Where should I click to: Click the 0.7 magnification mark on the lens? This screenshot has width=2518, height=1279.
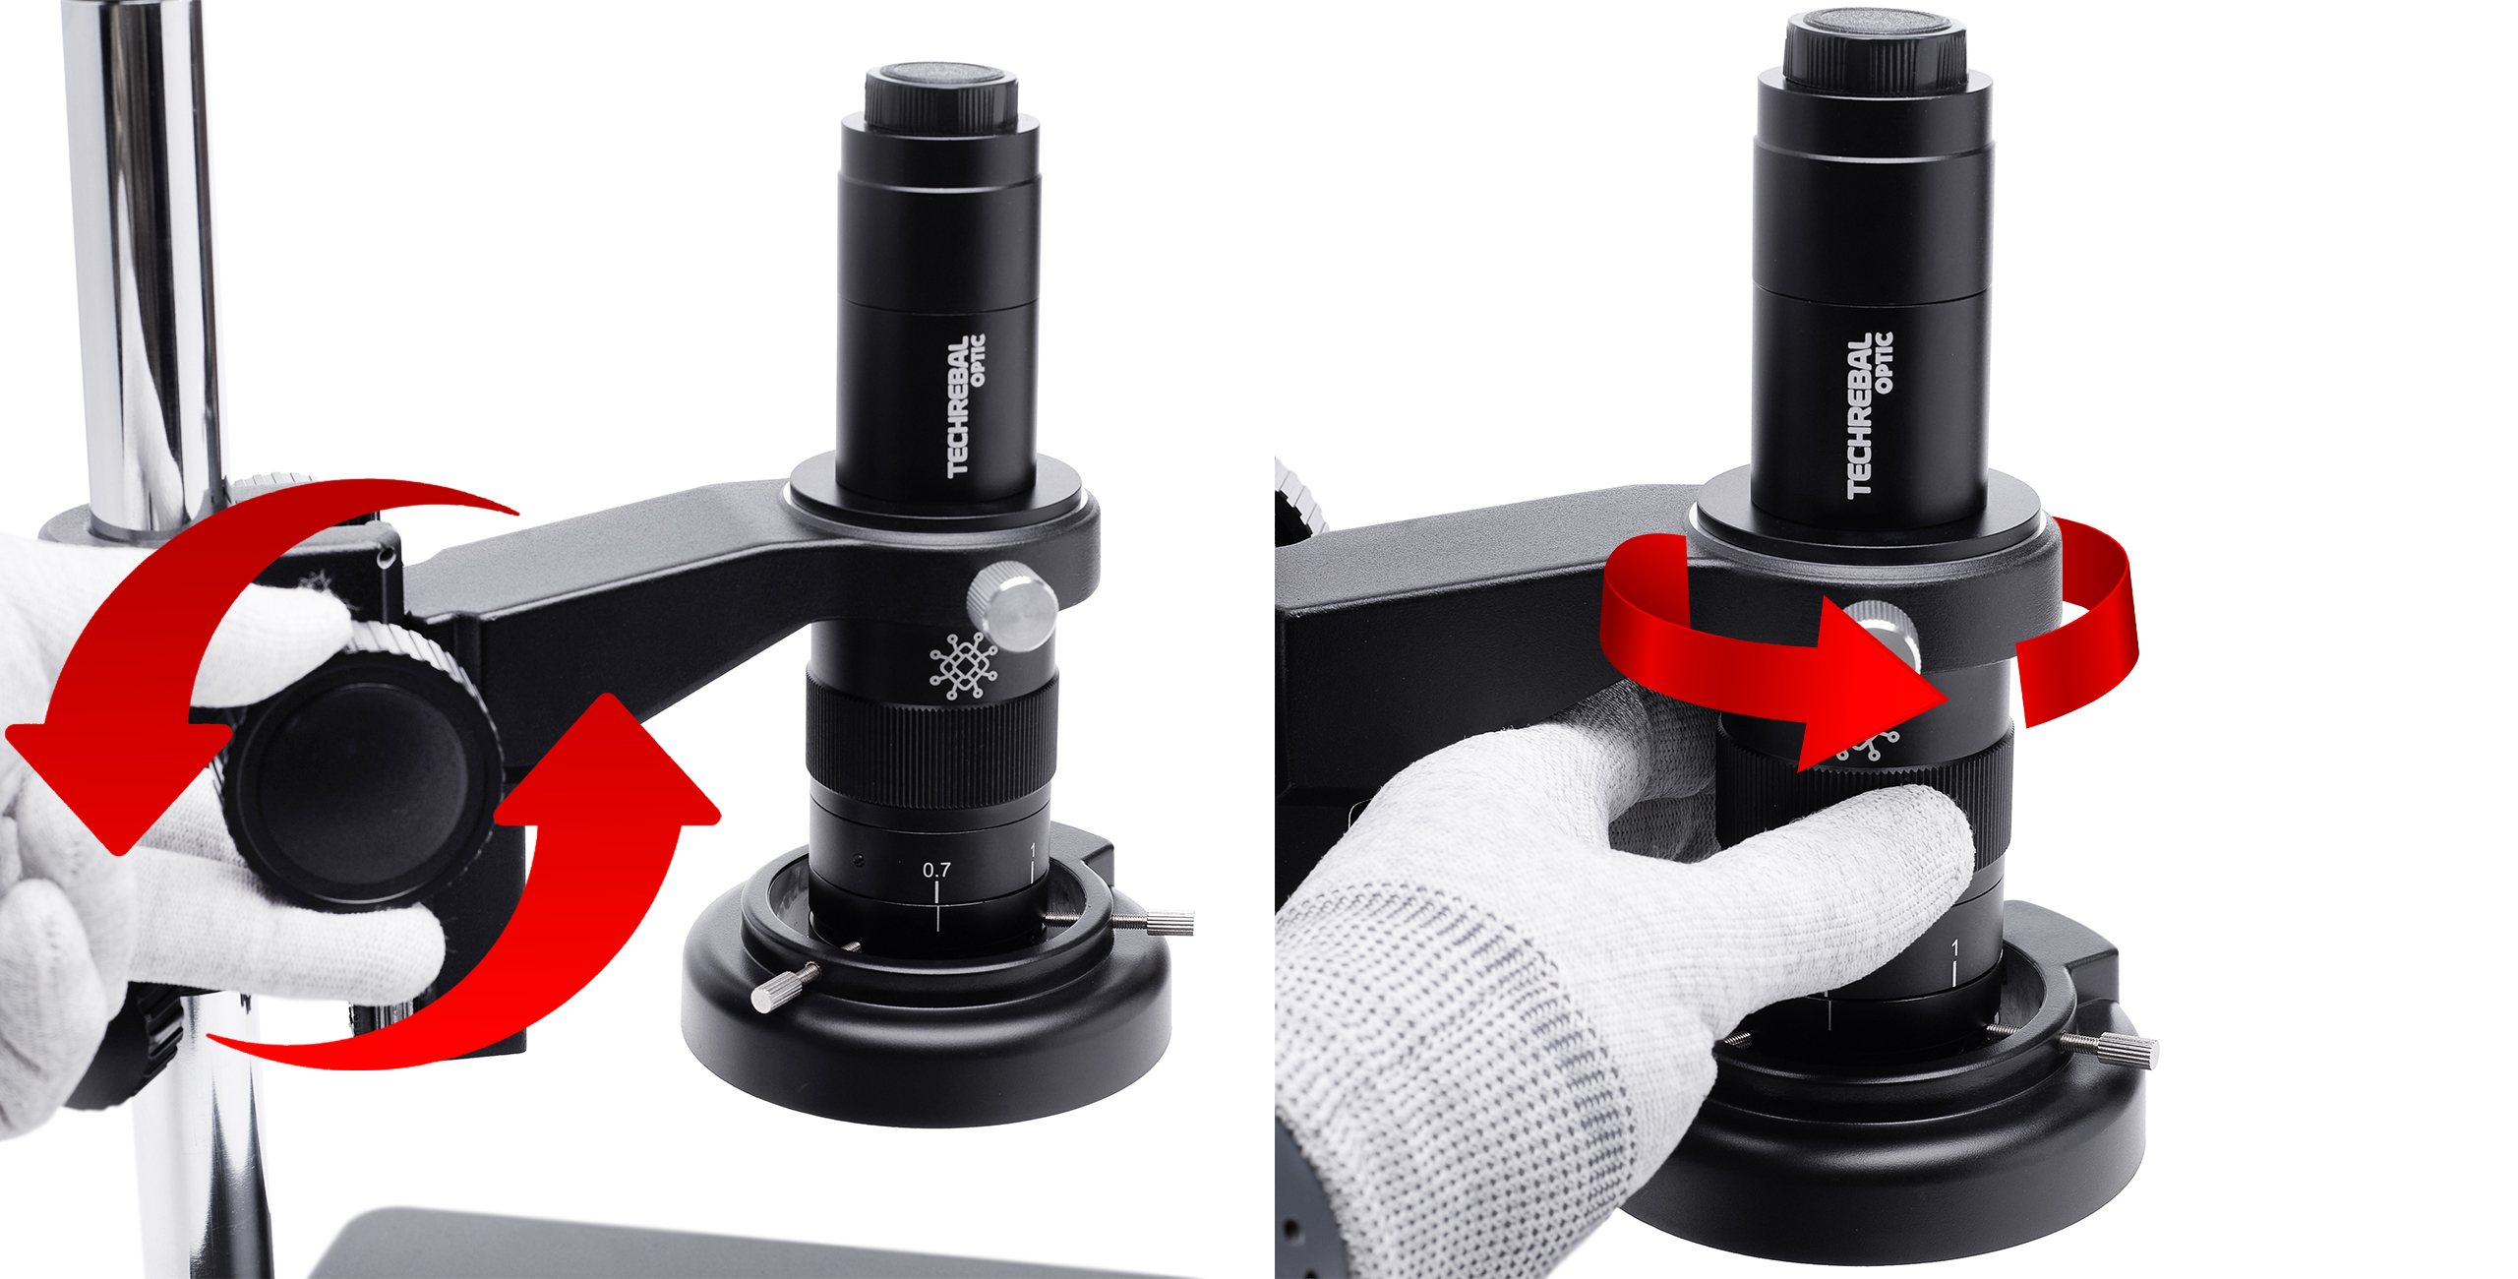tap(936, 870)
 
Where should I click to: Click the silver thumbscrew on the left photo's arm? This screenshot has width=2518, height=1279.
tap(1012, 604)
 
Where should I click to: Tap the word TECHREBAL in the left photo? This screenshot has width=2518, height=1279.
tap(957, 409)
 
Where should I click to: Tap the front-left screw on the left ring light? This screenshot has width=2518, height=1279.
tap(785, 988)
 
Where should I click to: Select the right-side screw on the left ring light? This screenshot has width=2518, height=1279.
tap(1151, 922)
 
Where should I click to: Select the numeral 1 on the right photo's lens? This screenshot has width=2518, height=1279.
tap(1954, 948)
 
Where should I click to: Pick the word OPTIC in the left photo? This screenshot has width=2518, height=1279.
tap(978, 360)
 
